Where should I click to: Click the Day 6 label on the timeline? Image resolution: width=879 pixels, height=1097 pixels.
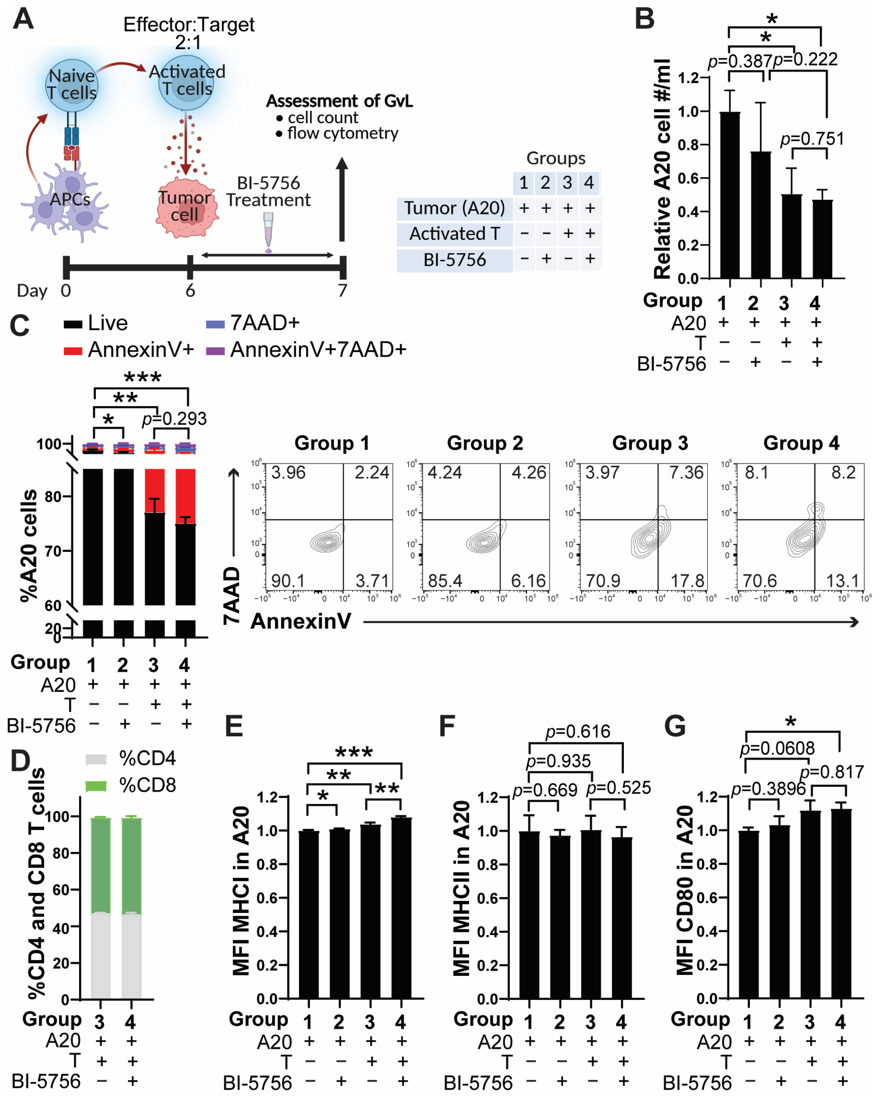190,291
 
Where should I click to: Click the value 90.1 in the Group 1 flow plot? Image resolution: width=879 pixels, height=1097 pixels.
288,581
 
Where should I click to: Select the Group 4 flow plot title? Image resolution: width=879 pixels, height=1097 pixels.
801,443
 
